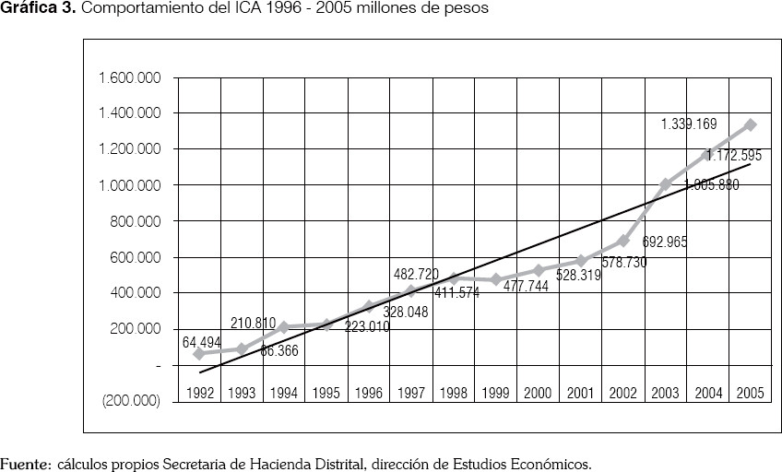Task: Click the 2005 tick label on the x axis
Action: [x=750, y=393]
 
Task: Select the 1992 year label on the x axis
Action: [x=199, y=393]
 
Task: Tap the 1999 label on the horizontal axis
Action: [x=495, y=393]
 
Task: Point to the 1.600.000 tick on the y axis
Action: [x=130, y=77]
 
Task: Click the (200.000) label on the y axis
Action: [x=131, y=401]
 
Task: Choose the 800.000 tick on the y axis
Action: [x=136, y=221]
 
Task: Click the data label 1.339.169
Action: [x=688, y=124]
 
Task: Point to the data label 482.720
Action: [x=416, y=274]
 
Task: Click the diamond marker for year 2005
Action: [x=750, y=124]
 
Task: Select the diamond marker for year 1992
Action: [x=199, y=353]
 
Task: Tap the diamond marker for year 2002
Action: [x=622, y=241]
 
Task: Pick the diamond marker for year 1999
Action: [x=495, y=279]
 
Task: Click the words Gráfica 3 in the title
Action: [x=36, y=8]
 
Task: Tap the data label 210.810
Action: [x=253, y=323]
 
